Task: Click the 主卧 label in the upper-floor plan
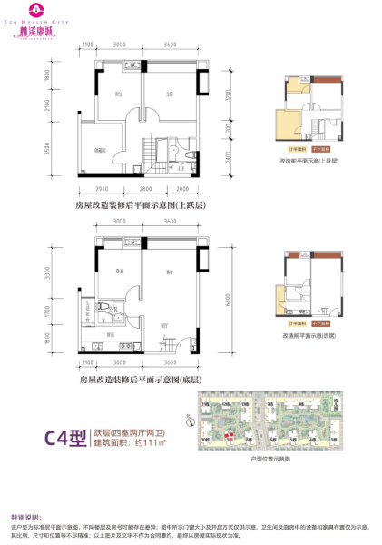(x=169, y=94)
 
